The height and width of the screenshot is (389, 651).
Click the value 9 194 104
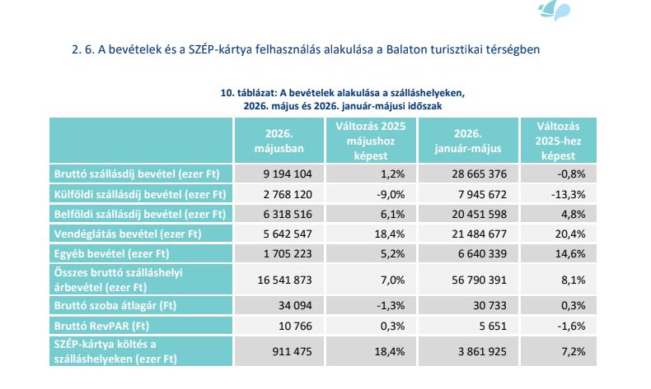click(288, 174)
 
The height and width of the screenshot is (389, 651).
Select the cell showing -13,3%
click(568, 194)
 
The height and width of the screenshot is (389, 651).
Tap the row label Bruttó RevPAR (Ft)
click(101, 326)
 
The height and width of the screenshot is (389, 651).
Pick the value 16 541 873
click(284, 280)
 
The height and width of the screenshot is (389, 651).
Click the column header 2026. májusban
click(279, 141)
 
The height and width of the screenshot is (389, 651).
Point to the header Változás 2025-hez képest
click(558, 141)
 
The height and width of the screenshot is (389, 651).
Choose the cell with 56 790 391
click(479, 280)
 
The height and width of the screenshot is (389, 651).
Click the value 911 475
click(292, 352)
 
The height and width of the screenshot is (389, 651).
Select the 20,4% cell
click(570, 234)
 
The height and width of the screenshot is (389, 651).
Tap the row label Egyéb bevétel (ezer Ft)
click(112, 253)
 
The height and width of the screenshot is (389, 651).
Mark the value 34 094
click(295, 306)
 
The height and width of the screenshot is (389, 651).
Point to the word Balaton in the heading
click(406, 49)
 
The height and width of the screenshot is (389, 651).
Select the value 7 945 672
click(482, 194)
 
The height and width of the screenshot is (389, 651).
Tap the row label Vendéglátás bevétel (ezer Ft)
click(128, 234)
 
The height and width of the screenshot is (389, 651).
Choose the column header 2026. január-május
click(468, 141)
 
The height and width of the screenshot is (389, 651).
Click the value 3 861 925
click(482, 352)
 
